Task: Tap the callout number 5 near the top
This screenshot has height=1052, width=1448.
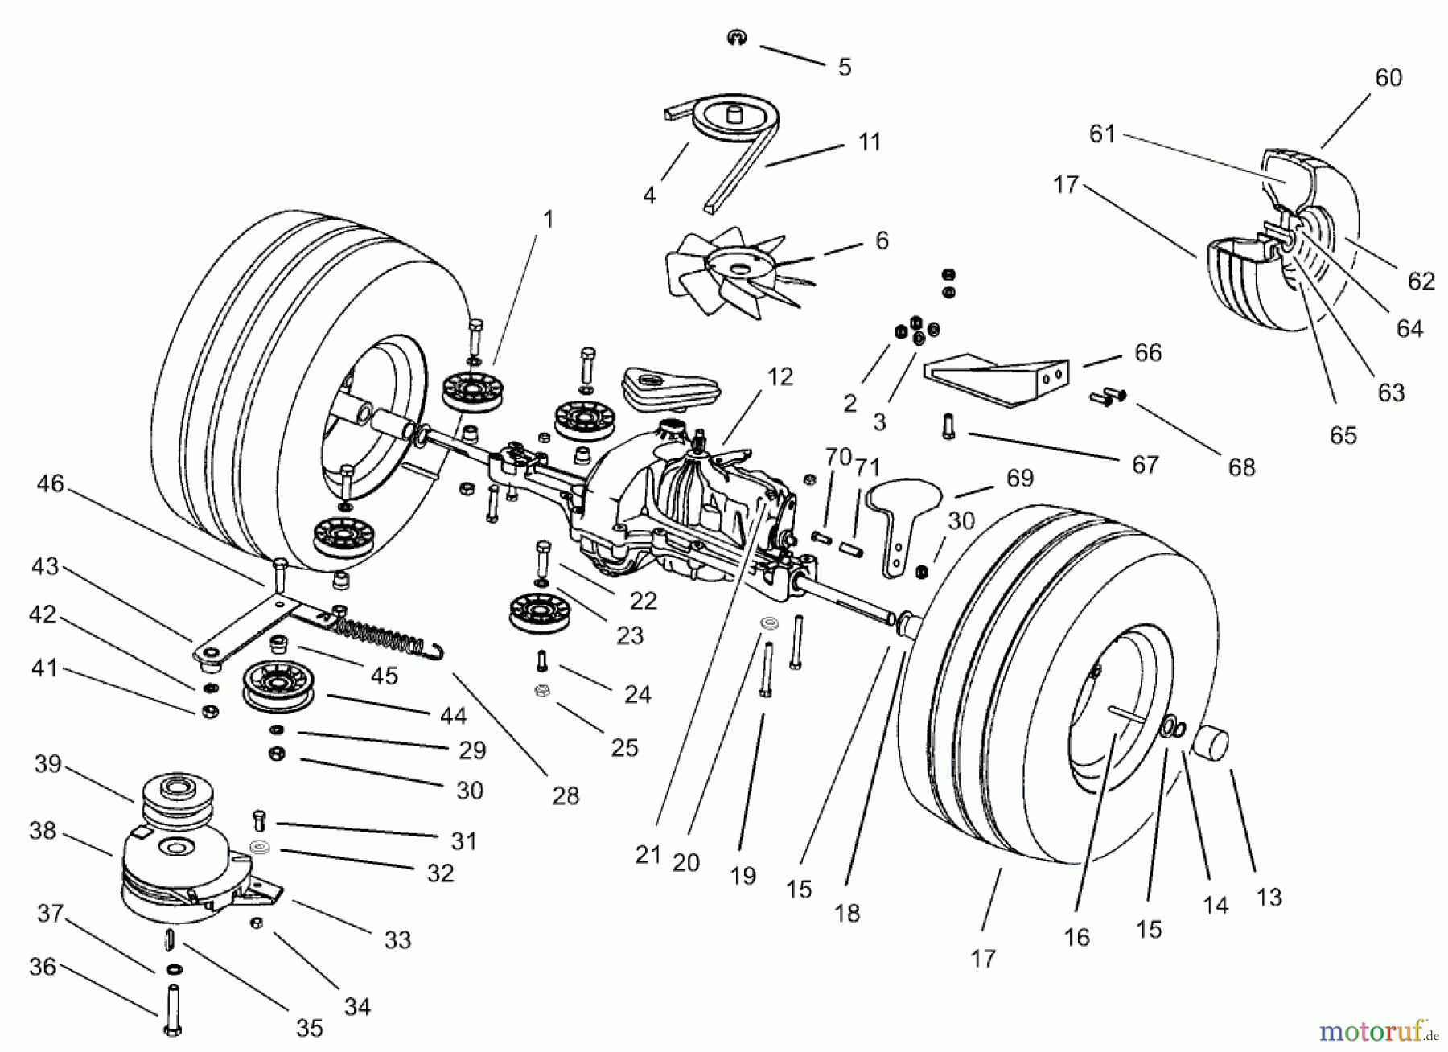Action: point(844,67)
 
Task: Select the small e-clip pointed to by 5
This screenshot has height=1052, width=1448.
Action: point(734,37)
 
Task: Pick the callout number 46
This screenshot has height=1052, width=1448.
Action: point(50,484)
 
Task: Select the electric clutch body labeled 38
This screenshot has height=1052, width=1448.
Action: point(173,873)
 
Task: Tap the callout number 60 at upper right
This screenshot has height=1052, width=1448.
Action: point(1388,77)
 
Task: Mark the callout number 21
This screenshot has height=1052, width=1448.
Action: point(648,855)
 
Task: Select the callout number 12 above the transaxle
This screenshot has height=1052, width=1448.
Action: point(780,376)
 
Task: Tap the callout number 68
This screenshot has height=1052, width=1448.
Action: point(1241,467)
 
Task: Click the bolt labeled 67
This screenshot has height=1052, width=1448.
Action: point(948,425)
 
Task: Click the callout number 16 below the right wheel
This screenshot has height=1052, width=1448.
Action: point(1076,938)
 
